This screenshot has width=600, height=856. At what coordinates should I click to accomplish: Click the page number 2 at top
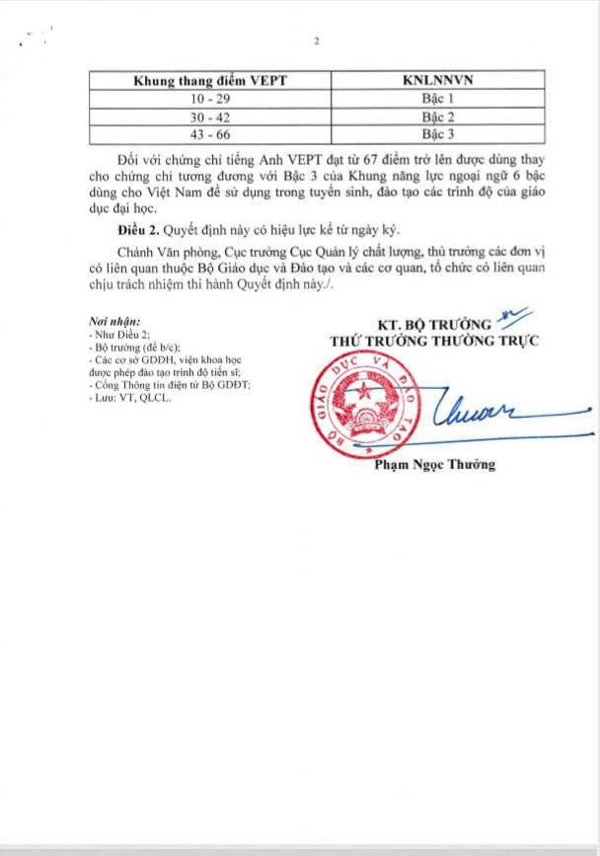click(317, 40)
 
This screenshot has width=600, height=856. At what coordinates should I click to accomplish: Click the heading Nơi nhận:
click(113, 322)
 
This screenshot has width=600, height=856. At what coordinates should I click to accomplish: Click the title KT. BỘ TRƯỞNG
click(434, 324)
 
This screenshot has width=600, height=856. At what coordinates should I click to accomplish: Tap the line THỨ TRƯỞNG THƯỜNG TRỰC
click(427, 341)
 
